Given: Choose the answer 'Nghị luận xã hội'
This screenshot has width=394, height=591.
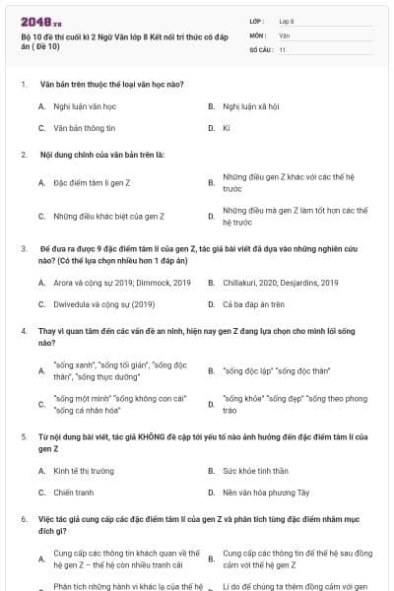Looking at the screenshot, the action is [x=251, y=105].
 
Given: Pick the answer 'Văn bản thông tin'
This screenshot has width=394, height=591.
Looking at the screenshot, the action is [x=85, y=128].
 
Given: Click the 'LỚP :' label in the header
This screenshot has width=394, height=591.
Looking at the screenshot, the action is [x=257, y=20].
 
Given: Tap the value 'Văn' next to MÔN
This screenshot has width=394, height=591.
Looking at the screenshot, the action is [x=284, y=34].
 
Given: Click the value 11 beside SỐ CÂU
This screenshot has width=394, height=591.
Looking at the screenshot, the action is [x=283, y=48].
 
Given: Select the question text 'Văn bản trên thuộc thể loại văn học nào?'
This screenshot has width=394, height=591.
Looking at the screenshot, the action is [x=112, y=84].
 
